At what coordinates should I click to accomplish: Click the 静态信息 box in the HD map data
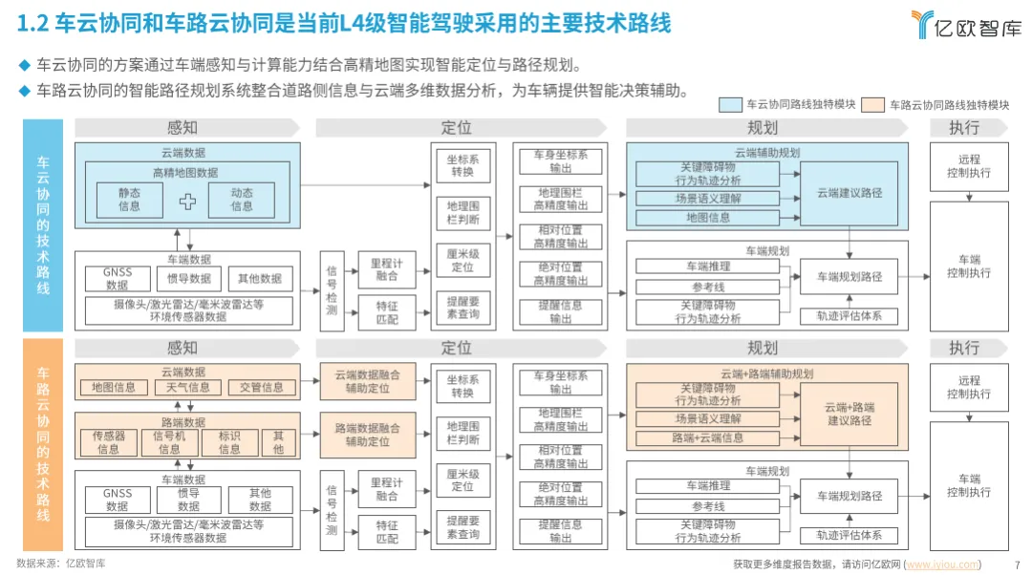tap(129, 200)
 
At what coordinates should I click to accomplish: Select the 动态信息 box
tap(243, 200)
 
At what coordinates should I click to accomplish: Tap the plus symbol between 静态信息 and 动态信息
tap(188, 201)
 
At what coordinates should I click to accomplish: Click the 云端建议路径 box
tap(849, 193)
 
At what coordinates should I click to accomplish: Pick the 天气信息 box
tap(187, 388)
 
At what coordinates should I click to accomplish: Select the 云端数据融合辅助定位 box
tap(368, 382)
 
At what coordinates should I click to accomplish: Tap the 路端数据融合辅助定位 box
tap(368, 436)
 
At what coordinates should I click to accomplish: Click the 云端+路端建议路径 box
tap(849, 414)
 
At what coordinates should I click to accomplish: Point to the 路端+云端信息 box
tap(708, 438)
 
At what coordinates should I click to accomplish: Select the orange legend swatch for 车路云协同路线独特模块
tap(872, 105)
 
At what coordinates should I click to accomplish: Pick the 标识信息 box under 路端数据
tap(229, 442)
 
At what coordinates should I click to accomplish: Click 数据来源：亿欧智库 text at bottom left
tap(61, 564)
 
